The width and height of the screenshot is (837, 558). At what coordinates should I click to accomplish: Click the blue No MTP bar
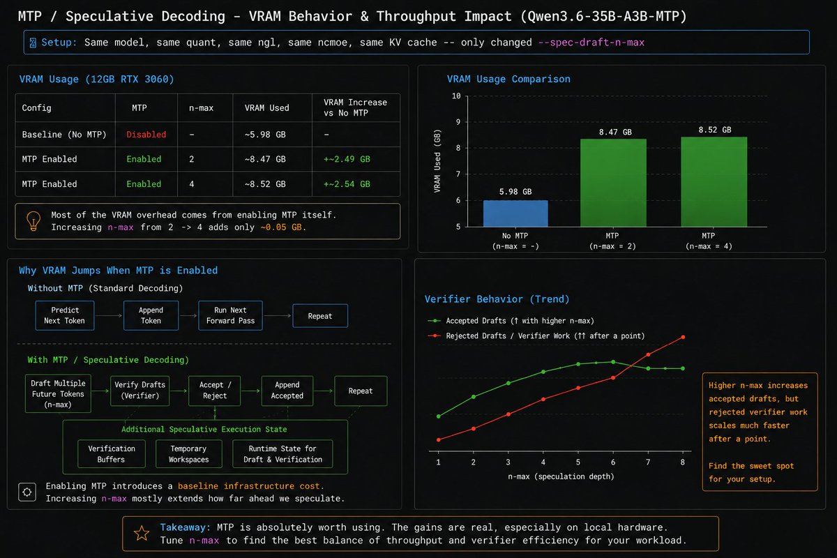tap(515, 213)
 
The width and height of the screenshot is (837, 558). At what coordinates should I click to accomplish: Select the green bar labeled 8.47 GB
tap(613, 183)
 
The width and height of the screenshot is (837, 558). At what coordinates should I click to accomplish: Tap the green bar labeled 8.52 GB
tap(714, 181)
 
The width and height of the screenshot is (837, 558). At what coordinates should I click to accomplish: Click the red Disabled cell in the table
tap(146, 135)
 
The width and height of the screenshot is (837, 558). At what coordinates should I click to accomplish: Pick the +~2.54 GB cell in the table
tap(347, 184)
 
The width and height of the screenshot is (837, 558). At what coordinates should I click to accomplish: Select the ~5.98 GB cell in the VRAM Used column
tap(265, 135)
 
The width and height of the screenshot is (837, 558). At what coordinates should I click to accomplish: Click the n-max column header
tap(201, 108)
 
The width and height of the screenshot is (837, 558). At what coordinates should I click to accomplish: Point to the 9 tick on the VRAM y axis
tap(458, 122)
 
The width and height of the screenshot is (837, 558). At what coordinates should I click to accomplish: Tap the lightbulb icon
tap(33, 221)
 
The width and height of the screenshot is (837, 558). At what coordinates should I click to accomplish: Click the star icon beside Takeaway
tap(142, 534)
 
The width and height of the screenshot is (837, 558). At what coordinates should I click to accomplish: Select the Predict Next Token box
tap(65, 315)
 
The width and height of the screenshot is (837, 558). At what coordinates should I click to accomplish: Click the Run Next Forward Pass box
tap(230, 315)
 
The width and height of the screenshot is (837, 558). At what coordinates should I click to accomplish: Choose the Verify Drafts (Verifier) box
tap(139, 391)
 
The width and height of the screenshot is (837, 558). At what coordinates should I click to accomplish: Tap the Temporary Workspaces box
tap(189, 454)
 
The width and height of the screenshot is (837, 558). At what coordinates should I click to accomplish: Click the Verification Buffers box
tap(112, 454)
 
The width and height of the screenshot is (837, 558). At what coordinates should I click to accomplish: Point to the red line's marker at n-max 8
tap(683, 337)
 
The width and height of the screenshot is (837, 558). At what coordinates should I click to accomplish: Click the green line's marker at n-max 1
tap(439, 416)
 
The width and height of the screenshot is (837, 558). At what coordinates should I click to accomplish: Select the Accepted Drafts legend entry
tap(511, 321)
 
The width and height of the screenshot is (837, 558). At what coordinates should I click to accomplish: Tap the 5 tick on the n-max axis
tap(578, 462)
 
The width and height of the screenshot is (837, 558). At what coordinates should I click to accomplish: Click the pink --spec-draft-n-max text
tap(591, 43)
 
